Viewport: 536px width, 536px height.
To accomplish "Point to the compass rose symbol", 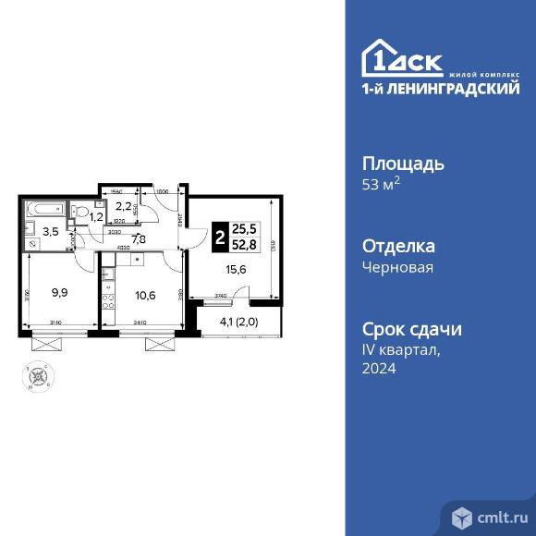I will [39, 375].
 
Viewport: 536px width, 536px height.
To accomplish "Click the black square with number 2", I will [219, 236].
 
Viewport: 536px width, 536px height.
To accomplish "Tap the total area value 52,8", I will [245, 244].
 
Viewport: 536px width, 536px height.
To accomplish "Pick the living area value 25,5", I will [245, 227].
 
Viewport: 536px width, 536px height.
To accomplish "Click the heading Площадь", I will [403, 164].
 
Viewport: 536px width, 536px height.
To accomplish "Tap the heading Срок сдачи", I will [411, 330].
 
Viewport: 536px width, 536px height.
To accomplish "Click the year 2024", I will [379, 368].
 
